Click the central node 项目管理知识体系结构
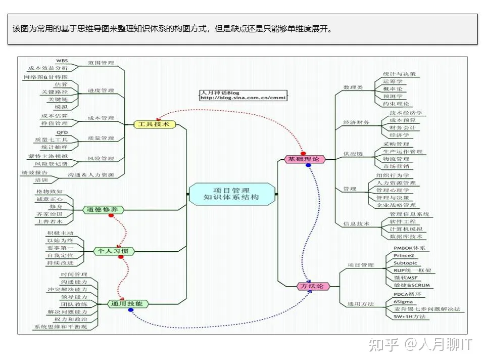tap(233, 194)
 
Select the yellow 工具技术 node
tap(154, 124)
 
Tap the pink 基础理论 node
tap(304, 160)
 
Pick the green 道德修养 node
tap(103, 209)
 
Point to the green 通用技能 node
tap(128, 304)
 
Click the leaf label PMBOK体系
tap(409, 248)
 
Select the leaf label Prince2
tap(404, 256)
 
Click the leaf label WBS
tap(62, 61)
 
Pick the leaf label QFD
tap(62, 132)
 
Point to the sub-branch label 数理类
tap(353, 87)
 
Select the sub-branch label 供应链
tap(353, 154)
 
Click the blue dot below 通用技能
tap(131, 310)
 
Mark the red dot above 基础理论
tap(303, 153)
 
